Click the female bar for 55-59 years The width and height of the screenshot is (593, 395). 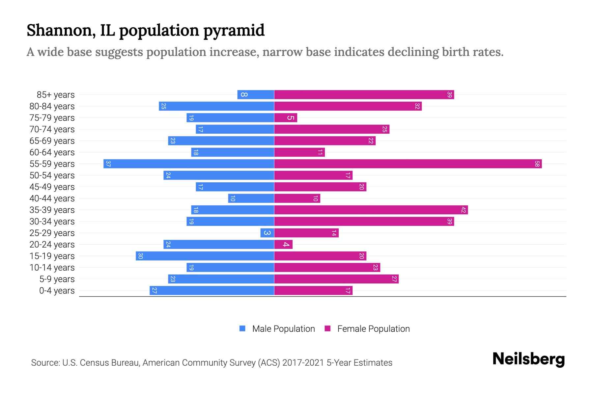(x=408, y=164)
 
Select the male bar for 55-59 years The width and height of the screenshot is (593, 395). (x=189, y=164)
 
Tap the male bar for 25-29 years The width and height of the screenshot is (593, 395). (x=267, y=233)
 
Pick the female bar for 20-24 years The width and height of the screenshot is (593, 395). (x=283, y=244)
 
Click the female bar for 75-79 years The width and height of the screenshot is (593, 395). (x=286, y=118)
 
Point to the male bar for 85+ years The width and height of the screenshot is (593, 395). (x=256, y=94)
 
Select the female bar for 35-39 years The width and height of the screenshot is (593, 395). (x=371, y=210)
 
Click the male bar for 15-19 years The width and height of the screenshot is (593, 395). (x=205, y=256)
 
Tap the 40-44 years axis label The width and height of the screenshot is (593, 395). (x=52, y=198)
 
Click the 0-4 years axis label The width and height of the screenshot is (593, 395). (x=57, y=291)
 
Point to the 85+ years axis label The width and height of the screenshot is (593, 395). (x=55, y=95)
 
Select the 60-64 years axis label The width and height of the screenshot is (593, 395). (x=52, y=152)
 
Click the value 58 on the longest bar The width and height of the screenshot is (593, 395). (x=537, y=164)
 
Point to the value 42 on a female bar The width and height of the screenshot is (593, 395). (x=463, y=210)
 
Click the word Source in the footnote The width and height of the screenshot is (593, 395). (x=45, y=363)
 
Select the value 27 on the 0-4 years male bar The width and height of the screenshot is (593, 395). (x=154, y=290)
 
